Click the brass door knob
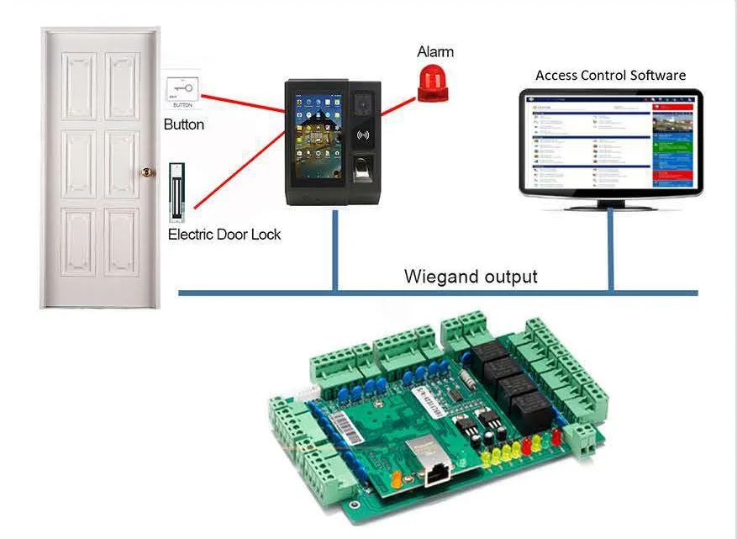click(147, 172)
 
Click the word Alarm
click(435, 52)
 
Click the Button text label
click(184, 124)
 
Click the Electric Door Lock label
click(224, 235)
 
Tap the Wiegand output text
click(471, 276)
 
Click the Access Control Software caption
click(610, 76)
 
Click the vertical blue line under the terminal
click(335, 251)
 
